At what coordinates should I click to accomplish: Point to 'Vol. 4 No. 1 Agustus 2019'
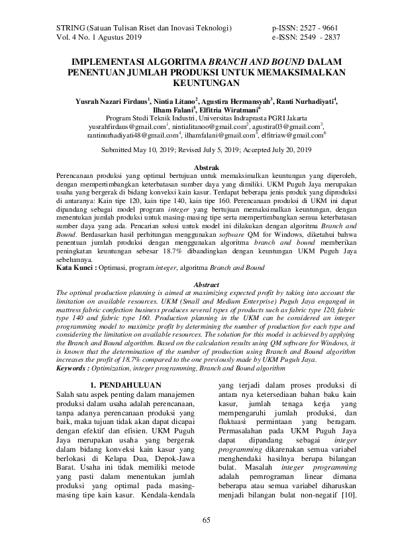pos(95,39)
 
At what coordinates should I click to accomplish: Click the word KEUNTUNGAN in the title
pos(197,85)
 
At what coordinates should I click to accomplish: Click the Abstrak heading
pos(197,169)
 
